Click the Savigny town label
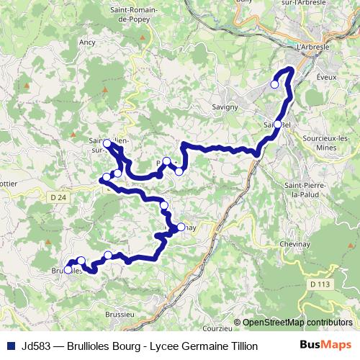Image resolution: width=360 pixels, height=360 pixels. click(x=225, y=107)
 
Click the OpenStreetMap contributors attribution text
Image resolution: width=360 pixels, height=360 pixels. click(x=297, y=323)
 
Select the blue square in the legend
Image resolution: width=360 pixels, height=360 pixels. click(x=11, y=346)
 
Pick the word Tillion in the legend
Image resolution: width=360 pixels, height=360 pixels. click(x=240, y=346)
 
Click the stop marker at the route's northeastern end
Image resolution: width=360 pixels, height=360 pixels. click(x=274, y=84)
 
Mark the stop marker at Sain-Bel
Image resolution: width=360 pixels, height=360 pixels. click(x=278, y=125)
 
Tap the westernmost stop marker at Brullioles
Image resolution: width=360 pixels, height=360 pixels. click(x=68, y=270)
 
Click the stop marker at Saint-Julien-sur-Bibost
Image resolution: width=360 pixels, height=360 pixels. click(x=107, y=143)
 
